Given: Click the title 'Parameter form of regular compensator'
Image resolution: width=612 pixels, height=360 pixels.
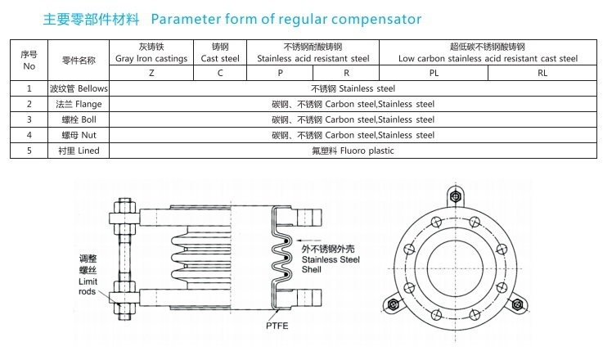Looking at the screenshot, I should pyautogui.click(x=286, y=18).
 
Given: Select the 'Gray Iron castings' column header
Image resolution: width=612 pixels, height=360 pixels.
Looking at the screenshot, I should pyautogui.click(x=151, y=52).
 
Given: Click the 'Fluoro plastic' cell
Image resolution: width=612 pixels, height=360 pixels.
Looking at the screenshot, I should pyautogui.click(x=353, y=151).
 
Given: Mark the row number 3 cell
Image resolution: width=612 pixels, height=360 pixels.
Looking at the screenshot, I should pyautogui.click(x=29, y=119).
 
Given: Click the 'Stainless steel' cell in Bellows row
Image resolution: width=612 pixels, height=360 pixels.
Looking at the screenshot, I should pyautogui.click(x=353, y=88).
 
